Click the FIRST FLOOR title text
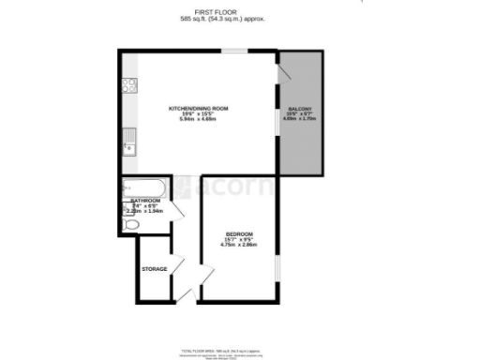point(198,12)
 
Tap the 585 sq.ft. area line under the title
point(198,19)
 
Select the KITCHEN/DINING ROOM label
point(198,109)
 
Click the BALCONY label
point(300,109)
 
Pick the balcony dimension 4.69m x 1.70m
point(300,119)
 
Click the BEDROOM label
point(239,232)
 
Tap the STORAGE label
point(155,269)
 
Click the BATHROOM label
point(145,201)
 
